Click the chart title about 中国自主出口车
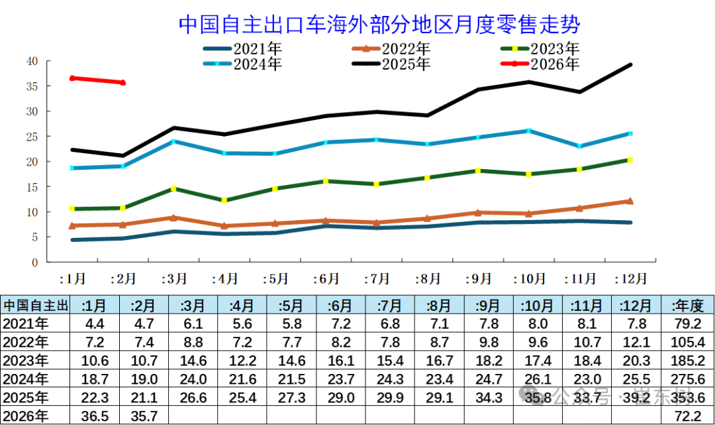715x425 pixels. click(x=379, y=25)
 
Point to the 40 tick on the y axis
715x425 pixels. click(x=32, y=61)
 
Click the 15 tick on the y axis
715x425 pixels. click(x=32, y=187)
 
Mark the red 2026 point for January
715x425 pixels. click(x=72, y=78)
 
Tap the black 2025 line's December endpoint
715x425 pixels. click(x=630, y=64)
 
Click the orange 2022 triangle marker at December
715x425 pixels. click(x=630, y=201)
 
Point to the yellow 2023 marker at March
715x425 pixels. click(x=173, y=188)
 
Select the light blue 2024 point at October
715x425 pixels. click(x=528, y=131)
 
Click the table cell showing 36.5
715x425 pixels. click(x=95, y=416)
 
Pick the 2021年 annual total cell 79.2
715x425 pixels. click(x=687, y=324)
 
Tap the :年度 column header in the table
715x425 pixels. click(x=687, y=305)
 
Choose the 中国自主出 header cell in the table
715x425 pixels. click(x=35, y=305)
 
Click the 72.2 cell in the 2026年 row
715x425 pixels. click(x=687, y=416)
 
